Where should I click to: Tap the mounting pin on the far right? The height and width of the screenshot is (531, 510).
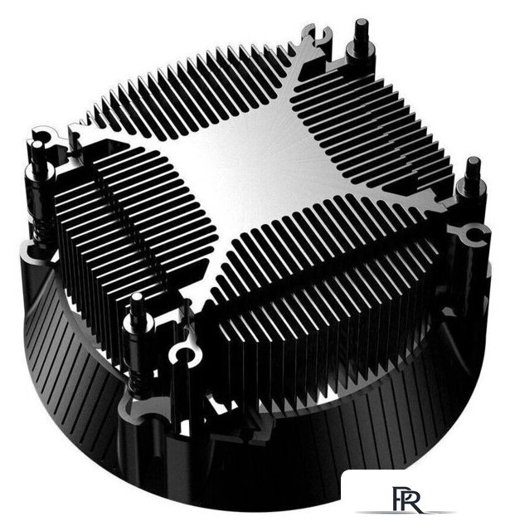(x=473, y=178)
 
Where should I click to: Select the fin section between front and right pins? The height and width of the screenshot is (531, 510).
(x=332, y=274)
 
